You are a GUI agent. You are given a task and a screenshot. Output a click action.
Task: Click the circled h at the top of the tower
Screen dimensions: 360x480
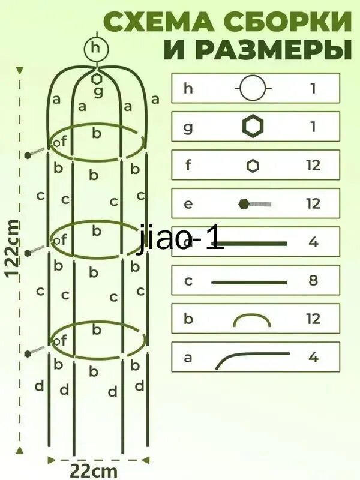(x=97, y=49)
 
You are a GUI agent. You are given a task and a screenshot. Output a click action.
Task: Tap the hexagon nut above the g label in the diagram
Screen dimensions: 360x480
(x=97, y=79)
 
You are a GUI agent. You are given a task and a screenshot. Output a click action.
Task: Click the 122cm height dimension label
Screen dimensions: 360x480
(x=12, y=248)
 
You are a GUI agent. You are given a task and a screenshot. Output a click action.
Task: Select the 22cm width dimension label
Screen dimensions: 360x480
(x=94, y=470)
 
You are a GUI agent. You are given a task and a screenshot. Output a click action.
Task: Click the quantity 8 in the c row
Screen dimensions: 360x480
(x=313, y=280)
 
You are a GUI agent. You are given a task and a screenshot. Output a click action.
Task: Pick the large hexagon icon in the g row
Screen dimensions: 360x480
(x=253, y=126)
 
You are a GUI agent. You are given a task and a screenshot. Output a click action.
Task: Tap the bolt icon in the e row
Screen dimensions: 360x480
(x=254, y=203)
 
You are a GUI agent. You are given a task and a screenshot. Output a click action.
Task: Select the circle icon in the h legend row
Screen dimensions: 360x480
(x=253, y=88)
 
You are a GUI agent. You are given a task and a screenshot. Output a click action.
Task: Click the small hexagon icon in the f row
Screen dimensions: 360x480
(x=253, y=166)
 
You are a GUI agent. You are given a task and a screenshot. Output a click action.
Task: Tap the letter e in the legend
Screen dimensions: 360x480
(x=188, y=204)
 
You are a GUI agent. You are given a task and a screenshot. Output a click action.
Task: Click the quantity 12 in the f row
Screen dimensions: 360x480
(x=313, y=166)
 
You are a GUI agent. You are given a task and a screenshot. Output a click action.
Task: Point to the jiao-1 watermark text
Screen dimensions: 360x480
(x=181, y=239)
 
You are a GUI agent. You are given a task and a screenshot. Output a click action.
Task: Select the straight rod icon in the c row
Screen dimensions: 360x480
(x=249, y=282)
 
